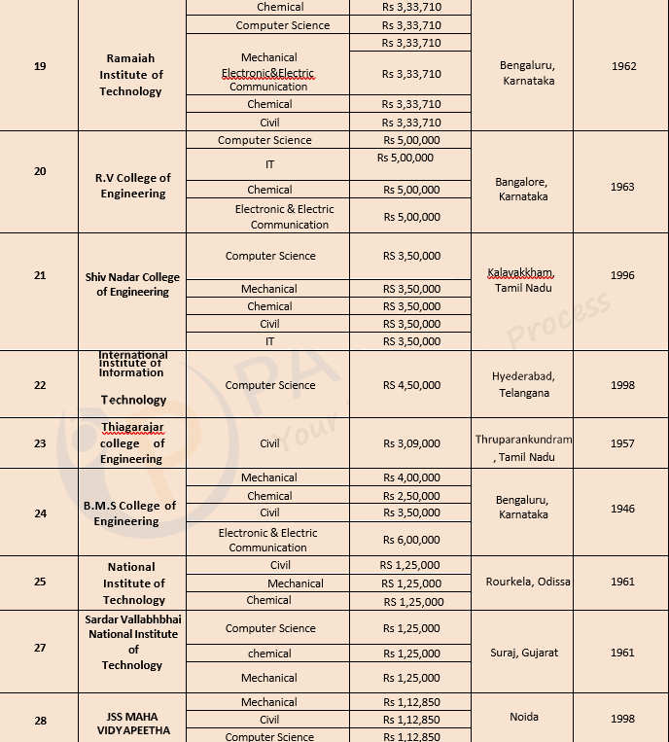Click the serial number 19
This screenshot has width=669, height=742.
pos(40,66)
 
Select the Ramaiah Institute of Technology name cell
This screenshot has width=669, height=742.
pos(131,75)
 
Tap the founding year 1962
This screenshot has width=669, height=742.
pos(624,66)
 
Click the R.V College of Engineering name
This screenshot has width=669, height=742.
pos(132,186)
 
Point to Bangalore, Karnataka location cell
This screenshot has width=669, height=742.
pos(521,189)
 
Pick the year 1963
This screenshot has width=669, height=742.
pos(622,187)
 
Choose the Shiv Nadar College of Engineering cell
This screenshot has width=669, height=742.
pos(132,283)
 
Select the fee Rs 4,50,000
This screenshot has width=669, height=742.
pos(411,385)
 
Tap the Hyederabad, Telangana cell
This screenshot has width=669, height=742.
pos(523,384)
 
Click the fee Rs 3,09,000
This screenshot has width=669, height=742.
pos(411,443)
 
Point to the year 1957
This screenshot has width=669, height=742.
pos(622,443)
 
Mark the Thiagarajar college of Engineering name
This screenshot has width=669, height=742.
pos(132,442)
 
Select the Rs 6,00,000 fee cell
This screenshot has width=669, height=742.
pos(411,540)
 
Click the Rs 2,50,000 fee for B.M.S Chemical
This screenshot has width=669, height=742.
pos(411,496)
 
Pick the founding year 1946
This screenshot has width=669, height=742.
pos(622,508)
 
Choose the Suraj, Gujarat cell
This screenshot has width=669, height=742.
pos(524,653)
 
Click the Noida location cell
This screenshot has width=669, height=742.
pos(523,717)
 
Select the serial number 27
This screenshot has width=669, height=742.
pos(40,648)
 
